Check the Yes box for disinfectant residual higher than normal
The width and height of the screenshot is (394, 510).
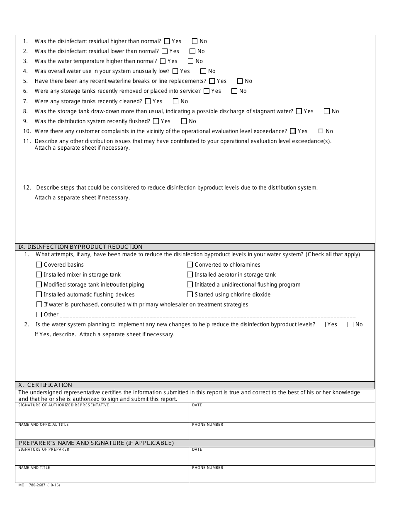tap(167, 41)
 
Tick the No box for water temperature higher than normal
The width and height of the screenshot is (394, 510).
tap(190, 61)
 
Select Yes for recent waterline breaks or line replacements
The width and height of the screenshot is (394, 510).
tap(212, 81)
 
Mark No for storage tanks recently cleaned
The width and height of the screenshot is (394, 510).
tap(175, 101)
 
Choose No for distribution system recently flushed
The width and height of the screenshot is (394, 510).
tap(184, 121)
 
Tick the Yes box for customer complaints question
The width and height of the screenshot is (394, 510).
tap(293, 131)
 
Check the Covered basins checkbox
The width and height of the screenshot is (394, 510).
tap(39, 265)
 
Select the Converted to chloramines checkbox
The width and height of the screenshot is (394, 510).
tap(190, 265)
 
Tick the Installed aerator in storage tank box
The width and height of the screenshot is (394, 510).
tap(190, 274)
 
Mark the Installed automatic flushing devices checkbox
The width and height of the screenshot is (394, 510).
tap(39, 294)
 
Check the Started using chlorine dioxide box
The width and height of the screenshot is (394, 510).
tap(190, 294)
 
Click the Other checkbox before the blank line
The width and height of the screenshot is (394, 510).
tap(39, 314)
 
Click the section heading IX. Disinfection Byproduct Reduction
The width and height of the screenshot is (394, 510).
tap(80, 247)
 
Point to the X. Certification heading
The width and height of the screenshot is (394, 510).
tap(45, 385)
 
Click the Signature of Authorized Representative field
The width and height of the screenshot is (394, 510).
tap(102, 414)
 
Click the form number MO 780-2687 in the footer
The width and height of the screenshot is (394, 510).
tap(39, 485)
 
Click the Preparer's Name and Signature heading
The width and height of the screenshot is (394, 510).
tap(96, 443)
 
